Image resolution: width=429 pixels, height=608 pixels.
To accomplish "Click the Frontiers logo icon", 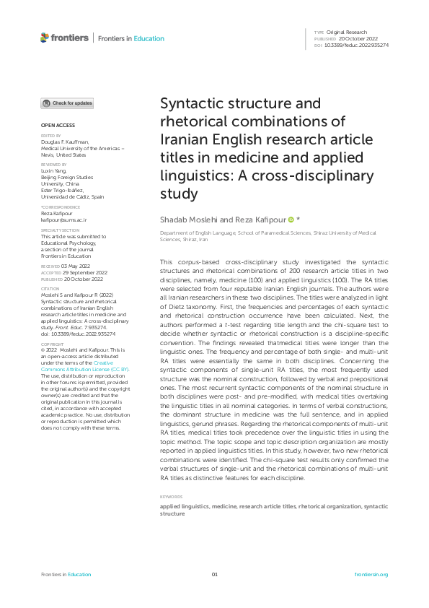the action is pos(45,38).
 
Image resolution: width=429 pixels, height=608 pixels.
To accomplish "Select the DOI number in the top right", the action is pos(358,45).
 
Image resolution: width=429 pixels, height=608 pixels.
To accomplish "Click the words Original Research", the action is pos(346,32).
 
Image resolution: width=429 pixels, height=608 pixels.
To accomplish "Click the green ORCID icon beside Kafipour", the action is pos(291,219).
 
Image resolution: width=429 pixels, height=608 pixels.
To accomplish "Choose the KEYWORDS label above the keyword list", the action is pos(171,497).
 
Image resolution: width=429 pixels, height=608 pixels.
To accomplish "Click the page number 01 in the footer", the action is pos(214,574).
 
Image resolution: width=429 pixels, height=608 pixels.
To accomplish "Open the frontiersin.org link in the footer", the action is pos(371,574).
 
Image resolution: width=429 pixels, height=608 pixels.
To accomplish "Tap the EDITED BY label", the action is pos(50,135).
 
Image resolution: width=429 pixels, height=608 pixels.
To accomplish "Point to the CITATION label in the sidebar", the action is pos(50,287).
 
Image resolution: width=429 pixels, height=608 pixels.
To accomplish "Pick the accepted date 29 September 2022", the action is pos(80,272).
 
